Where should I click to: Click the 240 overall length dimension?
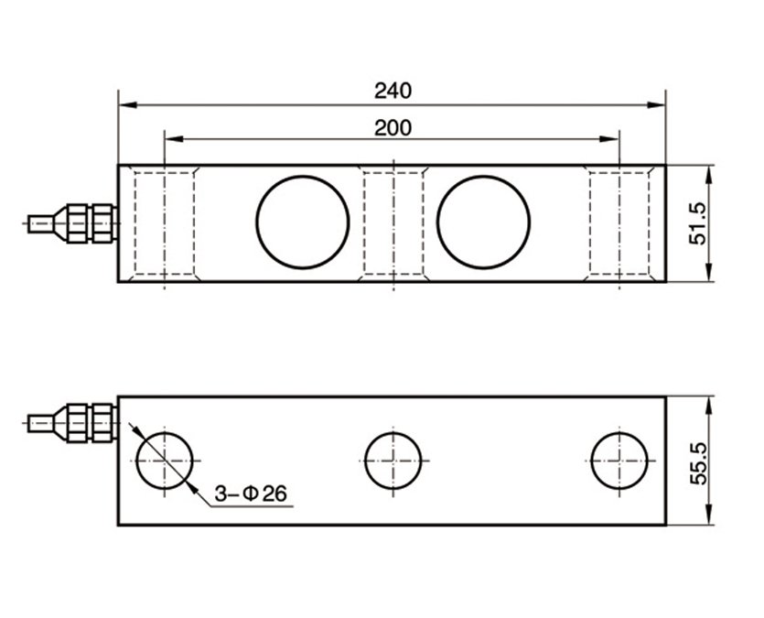coord(393,91)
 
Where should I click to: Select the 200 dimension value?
coord(393,127)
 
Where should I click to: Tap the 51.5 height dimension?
coord(698,223)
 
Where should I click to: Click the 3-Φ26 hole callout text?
coord(251,494)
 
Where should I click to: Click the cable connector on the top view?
coord(87,222)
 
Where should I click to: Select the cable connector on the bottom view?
coord(87,423)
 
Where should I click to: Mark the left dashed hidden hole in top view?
coord(165,223)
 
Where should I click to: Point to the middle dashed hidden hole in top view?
coord(393,223)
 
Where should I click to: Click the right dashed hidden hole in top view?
coord(619,223)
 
